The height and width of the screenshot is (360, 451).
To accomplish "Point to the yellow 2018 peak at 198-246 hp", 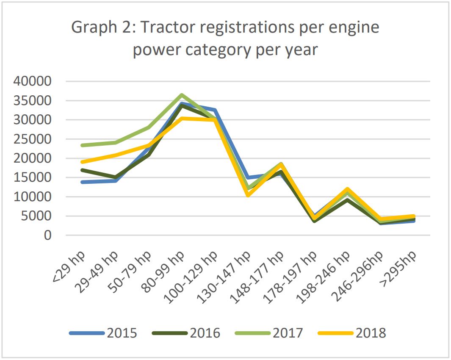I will (x=347, y=189).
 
